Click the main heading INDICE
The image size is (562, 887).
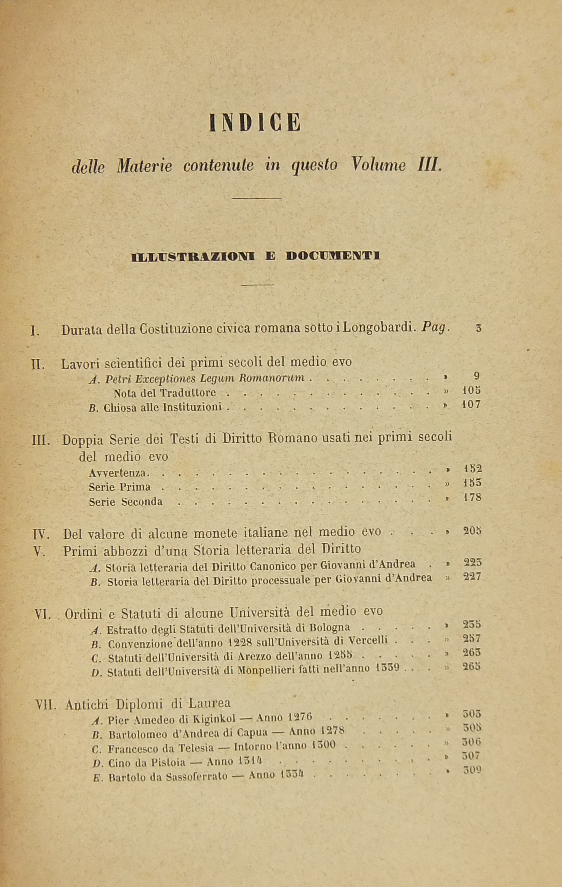[x=255, y=123]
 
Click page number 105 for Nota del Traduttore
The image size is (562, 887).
[x=471, y=390]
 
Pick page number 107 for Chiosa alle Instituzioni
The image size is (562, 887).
[x=471, y=405]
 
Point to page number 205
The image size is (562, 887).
[x=472, y=531]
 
